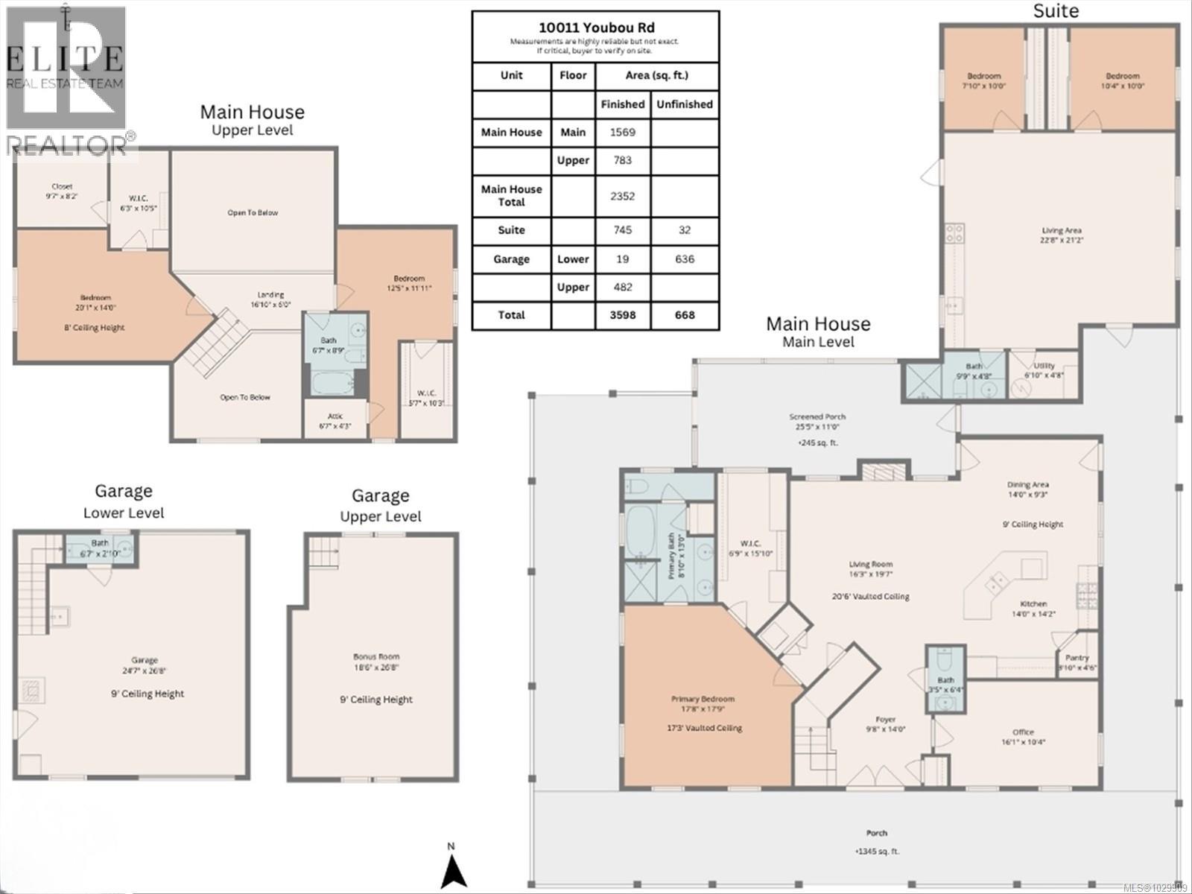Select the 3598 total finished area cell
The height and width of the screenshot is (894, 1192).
(x=623, y=315)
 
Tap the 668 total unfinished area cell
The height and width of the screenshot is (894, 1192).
(x=684, y=315)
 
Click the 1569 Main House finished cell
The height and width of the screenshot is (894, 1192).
(x=623, y=133)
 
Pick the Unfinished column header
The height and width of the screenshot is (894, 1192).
(x=684, y=104)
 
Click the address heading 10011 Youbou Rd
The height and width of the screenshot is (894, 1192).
(x=595, y=26)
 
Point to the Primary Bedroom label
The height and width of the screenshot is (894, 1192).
(x=703, y=699)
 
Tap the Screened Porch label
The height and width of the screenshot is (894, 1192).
(x=817, y=417)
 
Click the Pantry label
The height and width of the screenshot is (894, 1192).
(x=1077, y=658)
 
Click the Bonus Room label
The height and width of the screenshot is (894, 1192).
(x=376, y=657)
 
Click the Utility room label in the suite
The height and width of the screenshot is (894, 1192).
(x=1044, y=366)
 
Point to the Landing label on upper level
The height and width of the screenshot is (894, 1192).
(x=270, y=295)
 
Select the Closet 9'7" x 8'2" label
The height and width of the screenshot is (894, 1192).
(x=62, y=187)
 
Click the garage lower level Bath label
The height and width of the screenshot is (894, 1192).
(x=100, y=543)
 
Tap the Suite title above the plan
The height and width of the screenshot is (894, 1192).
(x=1056, y=11)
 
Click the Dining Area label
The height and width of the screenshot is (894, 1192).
(x=1028, y=485)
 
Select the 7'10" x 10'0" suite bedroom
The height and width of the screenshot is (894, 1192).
(x=984, y=80)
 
